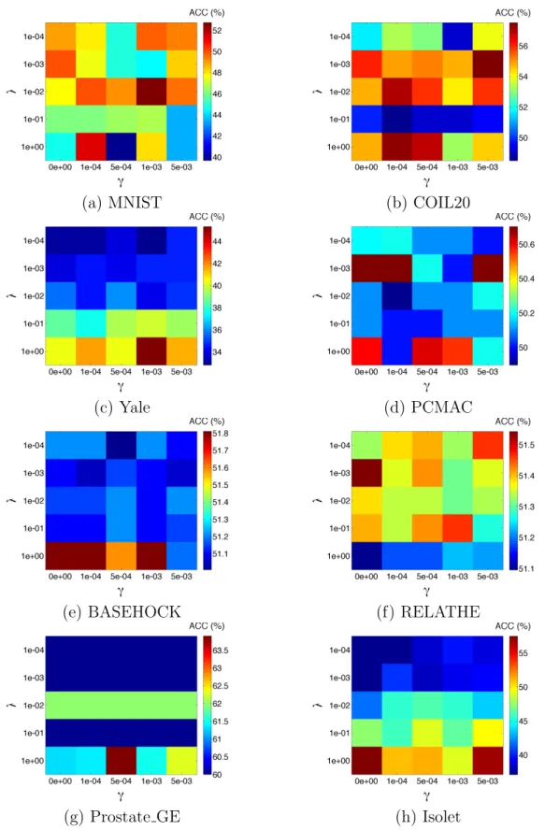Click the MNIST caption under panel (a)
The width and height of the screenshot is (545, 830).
(x=135, y=203)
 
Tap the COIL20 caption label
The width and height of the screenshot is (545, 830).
(x=441, y=203)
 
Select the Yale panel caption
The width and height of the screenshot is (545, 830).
(x=135, y=408)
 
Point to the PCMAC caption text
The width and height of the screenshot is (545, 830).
(x=441, y=408)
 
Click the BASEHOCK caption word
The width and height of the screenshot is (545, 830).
(x=134, y=612)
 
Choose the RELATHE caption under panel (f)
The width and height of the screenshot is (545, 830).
(x=440, y=612)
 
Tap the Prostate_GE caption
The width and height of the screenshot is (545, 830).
(x=136, y=817)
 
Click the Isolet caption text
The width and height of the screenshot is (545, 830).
(x=441, y=817)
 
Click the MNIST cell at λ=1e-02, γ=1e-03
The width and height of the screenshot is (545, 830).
(x=151, y=92)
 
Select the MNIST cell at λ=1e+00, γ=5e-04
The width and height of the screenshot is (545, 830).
(x=122, y=147)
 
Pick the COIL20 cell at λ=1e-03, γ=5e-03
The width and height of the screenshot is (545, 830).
(x=488, y=64)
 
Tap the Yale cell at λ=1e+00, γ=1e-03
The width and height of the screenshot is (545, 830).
(x=151, y=351)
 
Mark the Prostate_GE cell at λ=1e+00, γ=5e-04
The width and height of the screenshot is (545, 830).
(x=122, y=761)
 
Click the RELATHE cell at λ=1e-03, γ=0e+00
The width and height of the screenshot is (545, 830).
(x=366, y=473)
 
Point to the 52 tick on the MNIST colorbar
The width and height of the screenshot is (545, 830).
(x=217, y=31)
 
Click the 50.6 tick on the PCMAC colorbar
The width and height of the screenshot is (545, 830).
(x=526, y=245)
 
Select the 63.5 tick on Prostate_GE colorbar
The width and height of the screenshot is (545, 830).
(x=221, y=651)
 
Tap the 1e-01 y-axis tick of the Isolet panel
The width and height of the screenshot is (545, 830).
(x=339, y=733)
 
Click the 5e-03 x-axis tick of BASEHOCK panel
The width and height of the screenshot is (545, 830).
(x=181, y=577)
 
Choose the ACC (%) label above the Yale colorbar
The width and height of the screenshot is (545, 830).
(x=208, y=217)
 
